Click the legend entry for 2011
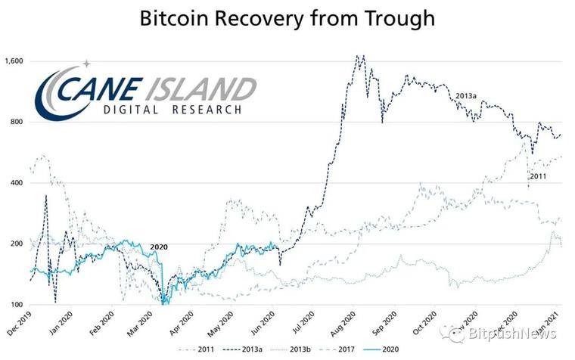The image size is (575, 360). click(x=204, y=350)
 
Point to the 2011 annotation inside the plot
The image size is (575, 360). click(x=537, y=176)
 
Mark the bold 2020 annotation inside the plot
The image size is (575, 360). click(x=159, y=247)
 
